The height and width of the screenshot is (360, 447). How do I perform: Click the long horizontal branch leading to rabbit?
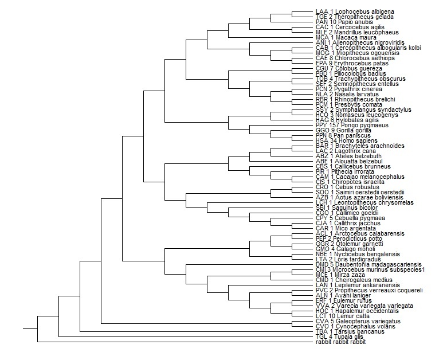[172, 342]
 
